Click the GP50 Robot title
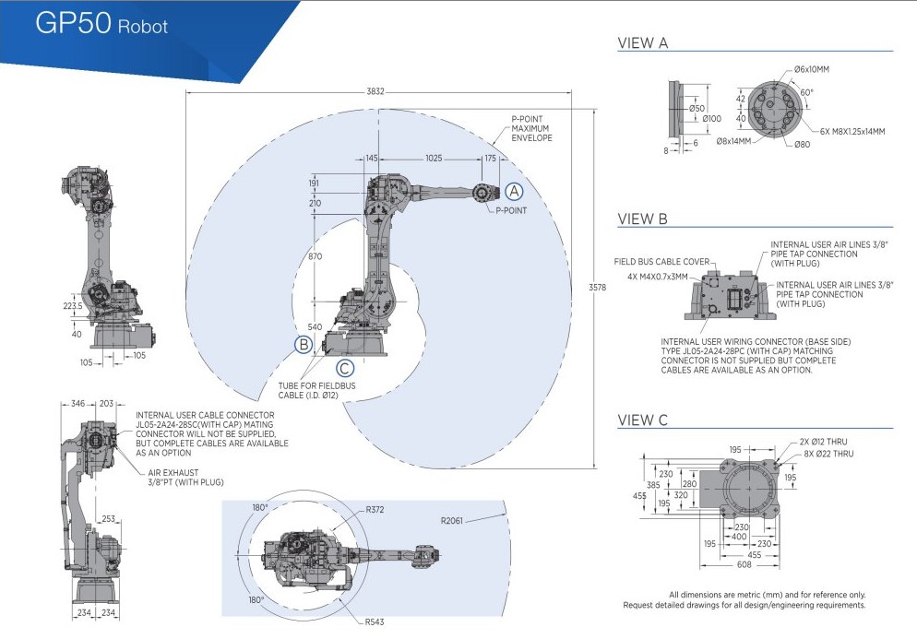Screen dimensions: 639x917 coord(101,25)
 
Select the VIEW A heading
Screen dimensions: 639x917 coord(642,42)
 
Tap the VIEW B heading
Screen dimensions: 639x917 coord(642,219)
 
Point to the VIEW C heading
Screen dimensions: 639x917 coord(642,420)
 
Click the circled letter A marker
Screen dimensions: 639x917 coord(514,191)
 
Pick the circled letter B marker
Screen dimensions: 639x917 coord(304,345)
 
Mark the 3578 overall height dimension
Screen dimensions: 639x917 coord(598,288)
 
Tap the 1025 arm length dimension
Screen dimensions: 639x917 coord(439,160)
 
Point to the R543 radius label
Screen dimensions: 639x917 coord(375,622)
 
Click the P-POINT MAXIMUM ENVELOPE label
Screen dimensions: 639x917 coord(532,129)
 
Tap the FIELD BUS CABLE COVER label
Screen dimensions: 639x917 coord(661,262)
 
